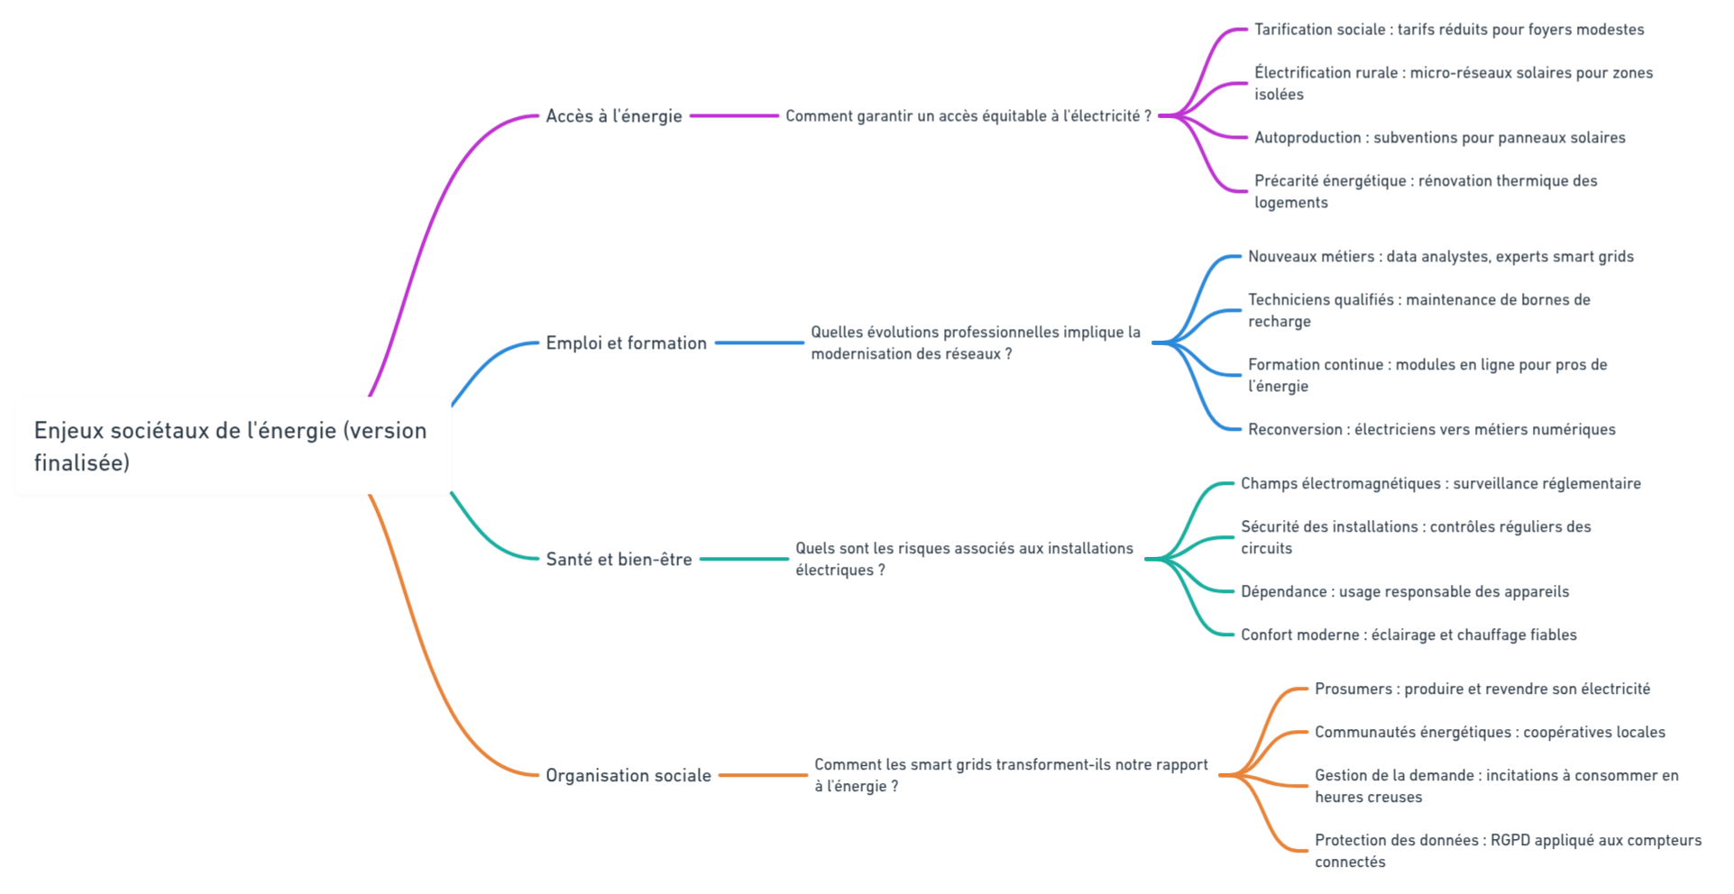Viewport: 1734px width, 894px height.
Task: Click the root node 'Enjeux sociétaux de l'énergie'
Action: click(233, 445)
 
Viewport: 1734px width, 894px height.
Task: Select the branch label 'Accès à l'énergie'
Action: click(614, 116)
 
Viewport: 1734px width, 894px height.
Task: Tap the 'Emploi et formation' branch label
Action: click(626, 343)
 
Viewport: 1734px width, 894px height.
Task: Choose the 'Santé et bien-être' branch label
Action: click(619, 560)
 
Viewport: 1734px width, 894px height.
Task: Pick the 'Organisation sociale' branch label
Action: click(628, 776)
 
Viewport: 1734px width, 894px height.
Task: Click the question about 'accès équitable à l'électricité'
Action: click(968, 116)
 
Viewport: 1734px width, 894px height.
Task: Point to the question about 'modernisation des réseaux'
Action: click(975, 343)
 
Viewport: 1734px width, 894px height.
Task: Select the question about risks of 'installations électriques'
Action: click(963, 560)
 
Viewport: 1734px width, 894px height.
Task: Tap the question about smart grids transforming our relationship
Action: click(1010, 776)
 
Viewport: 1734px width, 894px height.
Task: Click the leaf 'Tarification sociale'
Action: click(1448, 30)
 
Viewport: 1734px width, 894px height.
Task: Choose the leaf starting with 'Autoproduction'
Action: click(1439, 138)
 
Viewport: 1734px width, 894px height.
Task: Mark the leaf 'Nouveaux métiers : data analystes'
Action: click(1440, 257)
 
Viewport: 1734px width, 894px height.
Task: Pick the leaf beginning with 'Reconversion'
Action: click(1431, 430)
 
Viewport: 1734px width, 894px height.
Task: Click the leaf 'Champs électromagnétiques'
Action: click(1440, 484)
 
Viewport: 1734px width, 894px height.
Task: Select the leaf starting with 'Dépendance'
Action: click(1404, 592)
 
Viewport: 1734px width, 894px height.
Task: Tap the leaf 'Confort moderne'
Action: click(1408, 635)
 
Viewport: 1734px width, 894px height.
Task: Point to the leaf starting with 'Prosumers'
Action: click(1482, 689)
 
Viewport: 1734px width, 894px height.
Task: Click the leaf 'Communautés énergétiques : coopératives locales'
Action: click(1490, 733)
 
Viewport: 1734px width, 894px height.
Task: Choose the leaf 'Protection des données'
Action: click(1508, 851)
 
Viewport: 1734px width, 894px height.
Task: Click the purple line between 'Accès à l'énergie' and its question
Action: click(734, 116)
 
